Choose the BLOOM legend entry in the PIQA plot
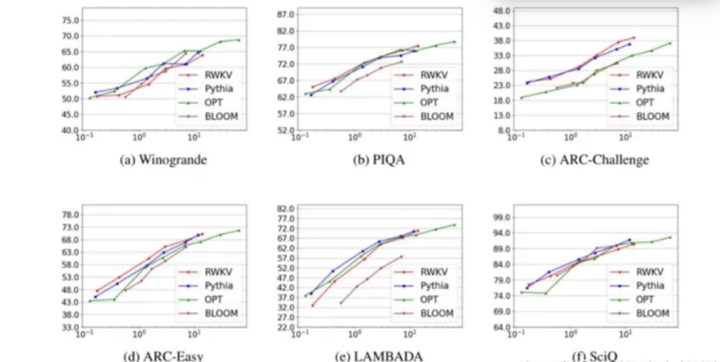[431, 116]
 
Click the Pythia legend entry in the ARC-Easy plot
[213, 285]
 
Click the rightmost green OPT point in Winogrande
[239, 39]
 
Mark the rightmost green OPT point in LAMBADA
[454, 224]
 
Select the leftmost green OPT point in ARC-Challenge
[521, 97]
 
